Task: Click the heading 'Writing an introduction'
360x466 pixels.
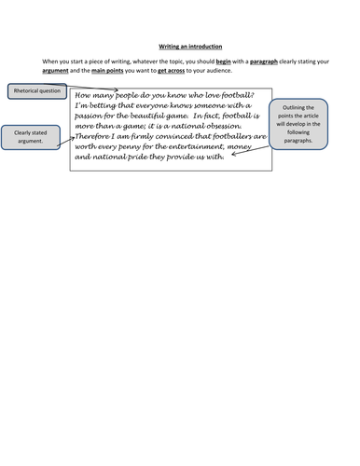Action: [x=180, y=44]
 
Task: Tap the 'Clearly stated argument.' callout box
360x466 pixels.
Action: [x=25, y=138]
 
